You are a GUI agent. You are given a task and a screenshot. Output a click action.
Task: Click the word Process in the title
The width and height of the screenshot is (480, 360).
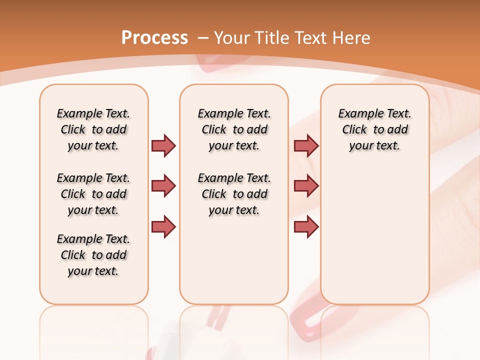[154, 38]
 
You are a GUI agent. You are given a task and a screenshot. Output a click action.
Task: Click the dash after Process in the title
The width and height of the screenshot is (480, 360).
[203, 38]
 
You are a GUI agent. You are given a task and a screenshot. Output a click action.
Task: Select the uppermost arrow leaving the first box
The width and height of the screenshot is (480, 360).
[163, 145]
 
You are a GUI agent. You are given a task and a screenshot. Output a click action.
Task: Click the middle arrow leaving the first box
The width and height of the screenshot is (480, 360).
[163, 186]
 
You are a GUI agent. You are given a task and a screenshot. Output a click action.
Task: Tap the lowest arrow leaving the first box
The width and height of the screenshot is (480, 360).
[163, 226]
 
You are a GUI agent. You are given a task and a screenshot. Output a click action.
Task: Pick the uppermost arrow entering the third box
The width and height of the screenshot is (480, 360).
[306, 145]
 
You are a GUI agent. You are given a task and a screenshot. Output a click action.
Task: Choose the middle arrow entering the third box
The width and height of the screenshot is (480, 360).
[306, 186]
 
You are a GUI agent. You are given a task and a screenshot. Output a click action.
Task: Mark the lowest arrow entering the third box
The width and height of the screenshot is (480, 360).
[306, 226]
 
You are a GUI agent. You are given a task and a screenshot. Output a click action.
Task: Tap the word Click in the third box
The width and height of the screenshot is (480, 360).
[354, 129]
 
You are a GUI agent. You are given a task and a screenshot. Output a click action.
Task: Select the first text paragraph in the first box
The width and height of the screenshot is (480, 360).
[93, 129]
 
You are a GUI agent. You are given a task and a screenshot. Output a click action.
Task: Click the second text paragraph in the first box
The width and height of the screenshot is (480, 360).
[93, 194]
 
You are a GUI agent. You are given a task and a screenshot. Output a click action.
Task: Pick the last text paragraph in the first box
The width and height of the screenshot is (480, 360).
[93, 255]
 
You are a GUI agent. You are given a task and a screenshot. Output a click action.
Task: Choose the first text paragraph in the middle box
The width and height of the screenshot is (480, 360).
[234, 129]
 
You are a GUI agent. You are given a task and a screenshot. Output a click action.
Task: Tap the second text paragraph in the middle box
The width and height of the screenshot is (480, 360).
[234, 194]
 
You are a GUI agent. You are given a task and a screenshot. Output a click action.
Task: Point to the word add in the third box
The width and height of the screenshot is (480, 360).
[398, 129]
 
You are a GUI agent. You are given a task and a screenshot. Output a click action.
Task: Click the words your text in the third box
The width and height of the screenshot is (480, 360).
[374, 146]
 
